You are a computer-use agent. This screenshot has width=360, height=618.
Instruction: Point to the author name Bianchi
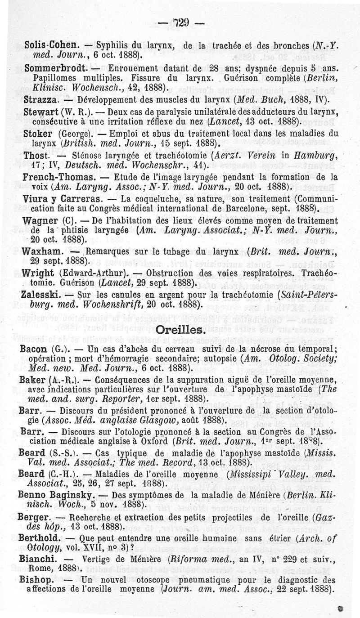tap(38, 559)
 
